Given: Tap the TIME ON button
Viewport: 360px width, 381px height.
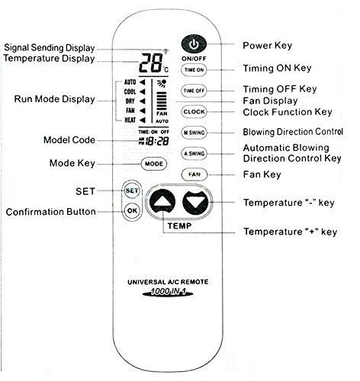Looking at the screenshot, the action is point(194,70).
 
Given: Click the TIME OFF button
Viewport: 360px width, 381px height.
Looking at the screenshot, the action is point(194,91).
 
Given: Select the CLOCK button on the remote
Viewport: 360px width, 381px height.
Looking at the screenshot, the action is point(194,112).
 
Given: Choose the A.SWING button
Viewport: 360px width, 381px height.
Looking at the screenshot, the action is point(194,153).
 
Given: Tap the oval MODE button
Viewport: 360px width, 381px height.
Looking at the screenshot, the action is point(154,164).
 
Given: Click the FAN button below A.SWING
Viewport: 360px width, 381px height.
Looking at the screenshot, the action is point(194,174).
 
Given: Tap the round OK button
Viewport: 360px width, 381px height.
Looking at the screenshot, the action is point(132,210).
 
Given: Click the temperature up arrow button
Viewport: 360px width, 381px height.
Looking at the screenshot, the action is point(162,202).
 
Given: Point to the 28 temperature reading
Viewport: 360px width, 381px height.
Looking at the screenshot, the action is point(150,63).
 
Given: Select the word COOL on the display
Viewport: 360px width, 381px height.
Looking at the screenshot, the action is point(130,91).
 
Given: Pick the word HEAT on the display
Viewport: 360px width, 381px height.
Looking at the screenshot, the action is point(130,120).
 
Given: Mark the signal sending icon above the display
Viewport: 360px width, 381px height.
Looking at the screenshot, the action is point(166,51).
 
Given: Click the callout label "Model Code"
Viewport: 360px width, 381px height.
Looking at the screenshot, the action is point(69,140).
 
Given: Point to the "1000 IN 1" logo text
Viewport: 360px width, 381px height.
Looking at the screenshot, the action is point(168,291).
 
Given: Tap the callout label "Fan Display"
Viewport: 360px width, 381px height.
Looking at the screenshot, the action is point(270,101).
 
